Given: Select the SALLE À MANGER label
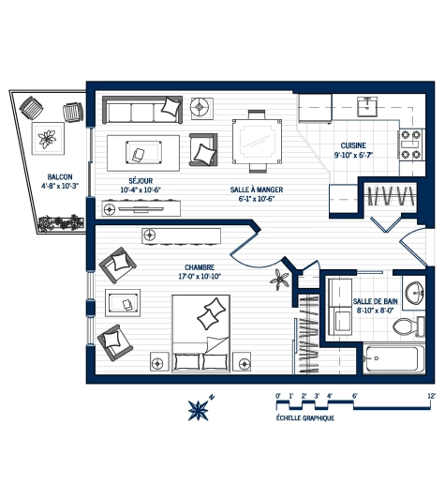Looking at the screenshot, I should pos(257,190).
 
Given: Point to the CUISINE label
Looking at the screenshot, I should pos(353,145).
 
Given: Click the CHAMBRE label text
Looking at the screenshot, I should pos(200,266).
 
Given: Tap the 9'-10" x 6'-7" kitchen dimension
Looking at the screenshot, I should pos(354,156).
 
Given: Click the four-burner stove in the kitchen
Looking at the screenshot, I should pos(410,146).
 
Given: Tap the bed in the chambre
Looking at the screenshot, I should pos(201,333).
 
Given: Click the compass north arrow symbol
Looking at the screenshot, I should pos(200,408).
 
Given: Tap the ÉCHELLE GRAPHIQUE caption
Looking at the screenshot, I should pos(305,417).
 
